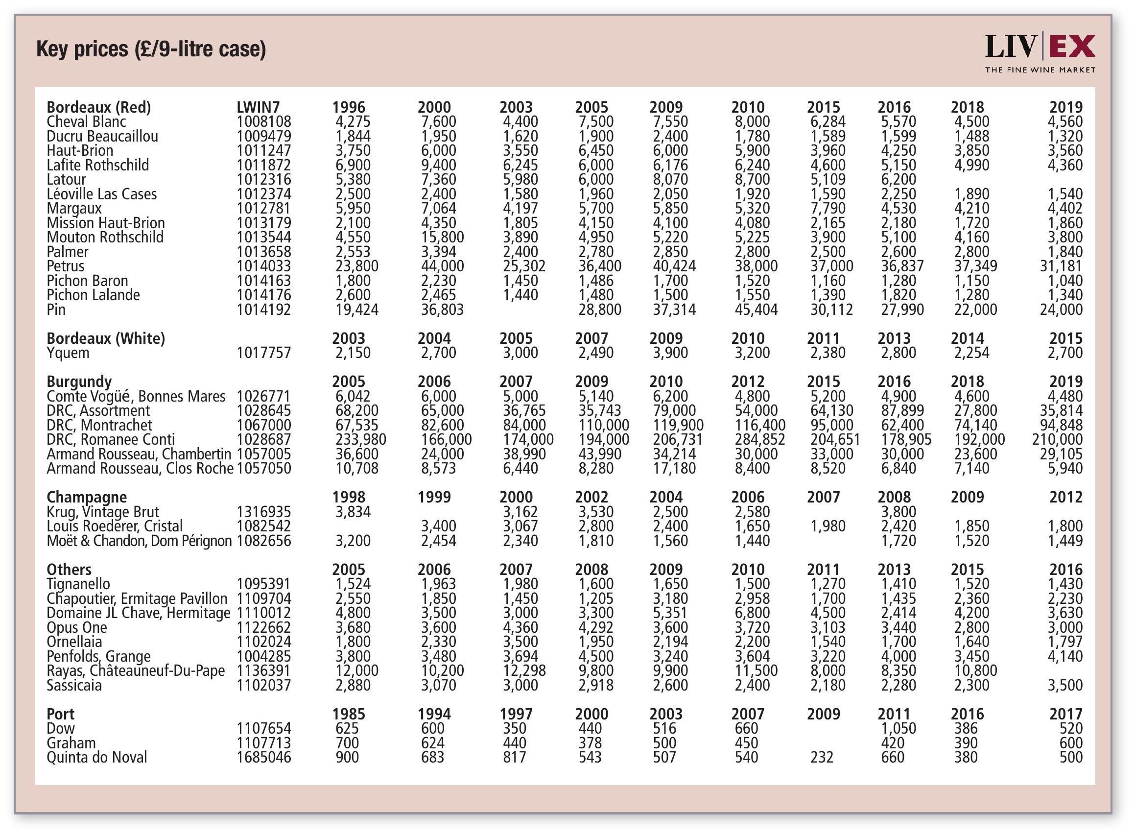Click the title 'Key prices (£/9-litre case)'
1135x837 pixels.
coord(151,49)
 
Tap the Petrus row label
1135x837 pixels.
coord(65,266)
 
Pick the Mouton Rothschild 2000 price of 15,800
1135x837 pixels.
coord(442,237)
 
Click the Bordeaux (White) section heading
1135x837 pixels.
coord(106,338)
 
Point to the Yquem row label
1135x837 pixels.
coord(68,353)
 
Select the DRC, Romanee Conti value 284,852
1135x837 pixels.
coord(760,439)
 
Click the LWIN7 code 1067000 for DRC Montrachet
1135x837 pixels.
coord(264,425)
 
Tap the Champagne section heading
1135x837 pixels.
coord(87,497)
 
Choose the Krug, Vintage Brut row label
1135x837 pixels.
coord(103,512)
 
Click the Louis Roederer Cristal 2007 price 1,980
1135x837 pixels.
coord(828,526)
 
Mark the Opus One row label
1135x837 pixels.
coord(77,627)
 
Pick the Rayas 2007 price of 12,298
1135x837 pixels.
coord(524,670)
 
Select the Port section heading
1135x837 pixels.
coord(60,714)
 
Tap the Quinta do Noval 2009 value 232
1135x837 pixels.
coord(822,757)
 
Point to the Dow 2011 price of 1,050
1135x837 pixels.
coord(898,728)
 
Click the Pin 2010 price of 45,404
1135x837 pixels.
coord(756,310)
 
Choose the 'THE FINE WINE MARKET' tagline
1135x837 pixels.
coord(1040,70)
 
